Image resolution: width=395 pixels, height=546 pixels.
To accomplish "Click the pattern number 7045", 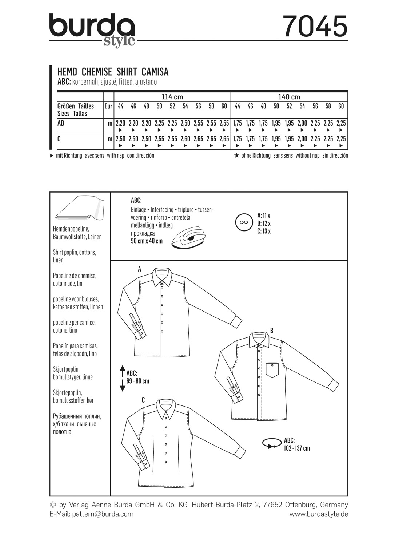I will point(315,26).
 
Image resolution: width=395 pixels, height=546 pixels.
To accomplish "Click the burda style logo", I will point(92,29).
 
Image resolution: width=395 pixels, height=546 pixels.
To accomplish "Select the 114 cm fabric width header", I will point(172,97).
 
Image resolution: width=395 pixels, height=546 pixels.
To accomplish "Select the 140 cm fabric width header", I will point(289,97).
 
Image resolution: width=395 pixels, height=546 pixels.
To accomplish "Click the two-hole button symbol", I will point(244,222).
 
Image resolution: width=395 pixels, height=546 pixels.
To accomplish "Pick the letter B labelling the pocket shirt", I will point(271,331).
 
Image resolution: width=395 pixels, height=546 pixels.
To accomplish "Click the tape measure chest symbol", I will point(271,444).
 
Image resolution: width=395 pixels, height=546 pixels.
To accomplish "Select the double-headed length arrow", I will point(122,378).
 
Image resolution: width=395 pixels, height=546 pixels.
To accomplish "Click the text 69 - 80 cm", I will point(138,381).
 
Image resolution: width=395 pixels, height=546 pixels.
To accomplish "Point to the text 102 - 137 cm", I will point(297,448).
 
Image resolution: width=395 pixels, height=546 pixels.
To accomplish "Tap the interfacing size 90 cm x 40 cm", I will point(147,241).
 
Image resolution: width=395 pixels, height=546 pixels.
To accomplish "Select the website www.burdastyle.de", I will point(319,514).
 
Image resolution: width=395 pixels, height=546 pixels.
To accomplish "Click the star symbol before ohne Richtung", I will point(236,155).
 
